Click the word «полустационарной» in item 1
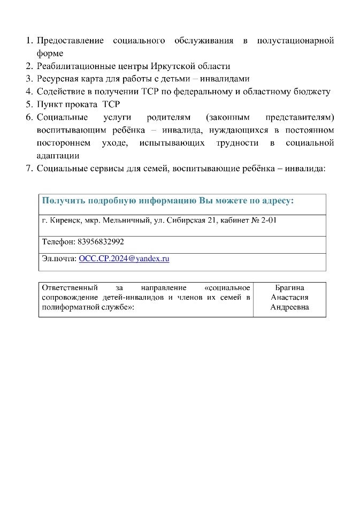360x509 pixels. click(x=295, y=41)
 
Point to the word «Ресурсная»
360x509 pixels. click(x=58, y=79)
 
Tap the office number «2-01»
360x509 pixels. click(x=267, y=220)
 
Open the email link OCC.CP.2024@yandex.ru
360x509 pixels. click(x=124, y=259)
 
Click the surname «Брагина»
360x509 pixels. click(x=289, y=288)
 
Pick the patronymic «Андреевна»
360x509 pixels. click(x=289, y=307)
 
